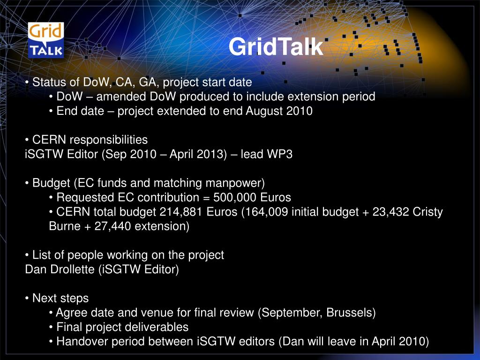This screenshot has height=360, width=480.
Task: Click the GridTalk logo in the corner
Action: (x=46, y=40)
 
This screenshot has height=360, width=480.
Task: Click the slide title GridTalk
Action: (x=276, y=47)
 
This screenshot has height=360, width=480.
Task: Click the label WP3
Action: (x=279, y=154)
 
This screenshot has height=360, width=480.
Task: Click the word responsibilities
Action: (x=109, y=140)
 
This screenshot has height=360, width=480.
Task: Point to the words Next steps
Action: (x=60, y=298)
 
